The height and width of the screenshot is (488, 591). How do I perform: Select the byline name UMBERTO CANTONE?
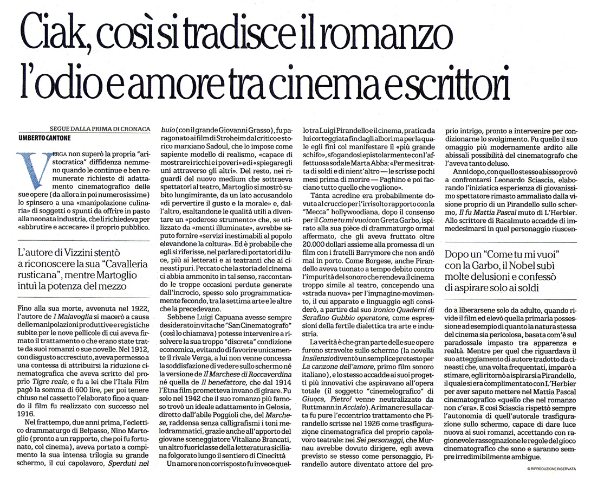pos(49,136)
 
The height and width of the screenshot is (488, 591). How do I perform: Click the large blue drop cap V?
pos(28,168)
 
